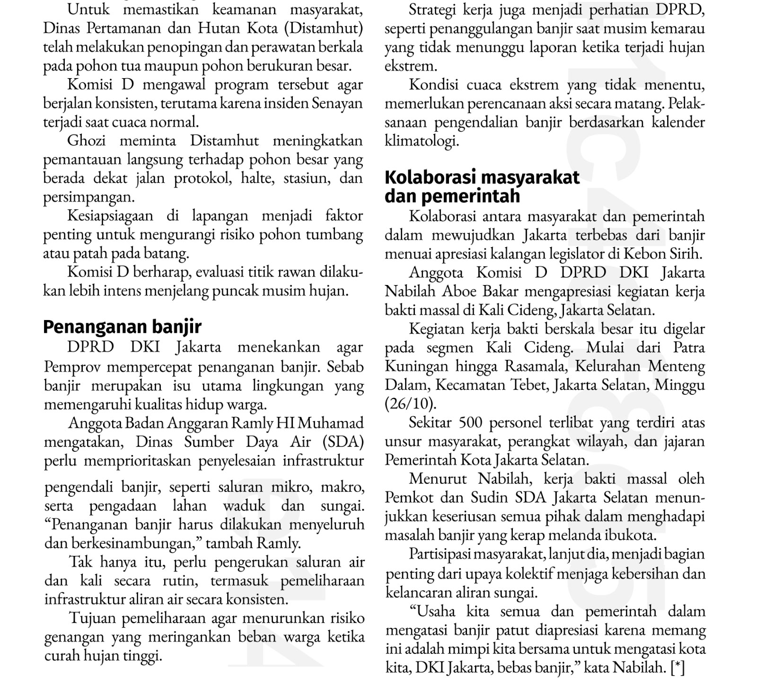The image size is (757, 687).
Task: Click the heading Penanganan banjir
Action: (122, 327)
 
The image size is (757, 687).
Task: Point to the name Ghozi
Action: (86, 141)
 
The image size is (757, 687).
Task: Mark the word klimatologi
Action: (422, 141)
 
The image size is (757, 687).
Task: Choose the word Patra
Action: (689, 348)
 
